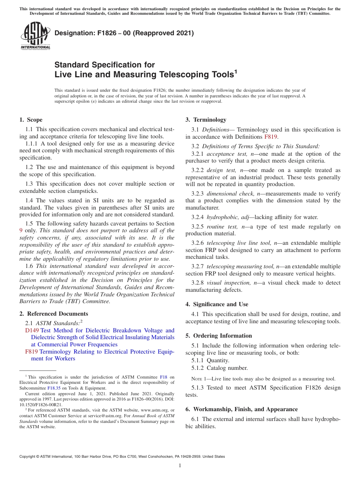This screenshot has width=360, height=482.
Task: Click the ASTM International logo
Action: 35,36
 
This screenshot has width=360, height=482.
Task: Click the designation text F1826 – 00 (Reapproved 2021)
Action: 124,33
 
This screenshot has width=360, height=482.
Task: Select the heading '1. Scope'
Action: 31,120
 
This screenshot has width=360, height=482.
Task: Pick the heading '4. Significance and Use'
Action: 217,304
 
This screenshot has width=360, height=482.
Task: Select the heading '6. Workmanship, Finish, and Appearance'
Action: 241,409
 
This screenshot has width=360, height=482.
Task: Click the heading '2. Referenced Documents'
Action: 53,314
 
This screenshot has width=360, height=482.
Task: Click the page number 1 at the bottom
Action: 180,466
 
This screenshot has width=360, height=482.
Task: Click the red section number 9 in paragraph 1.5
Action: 21,230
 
